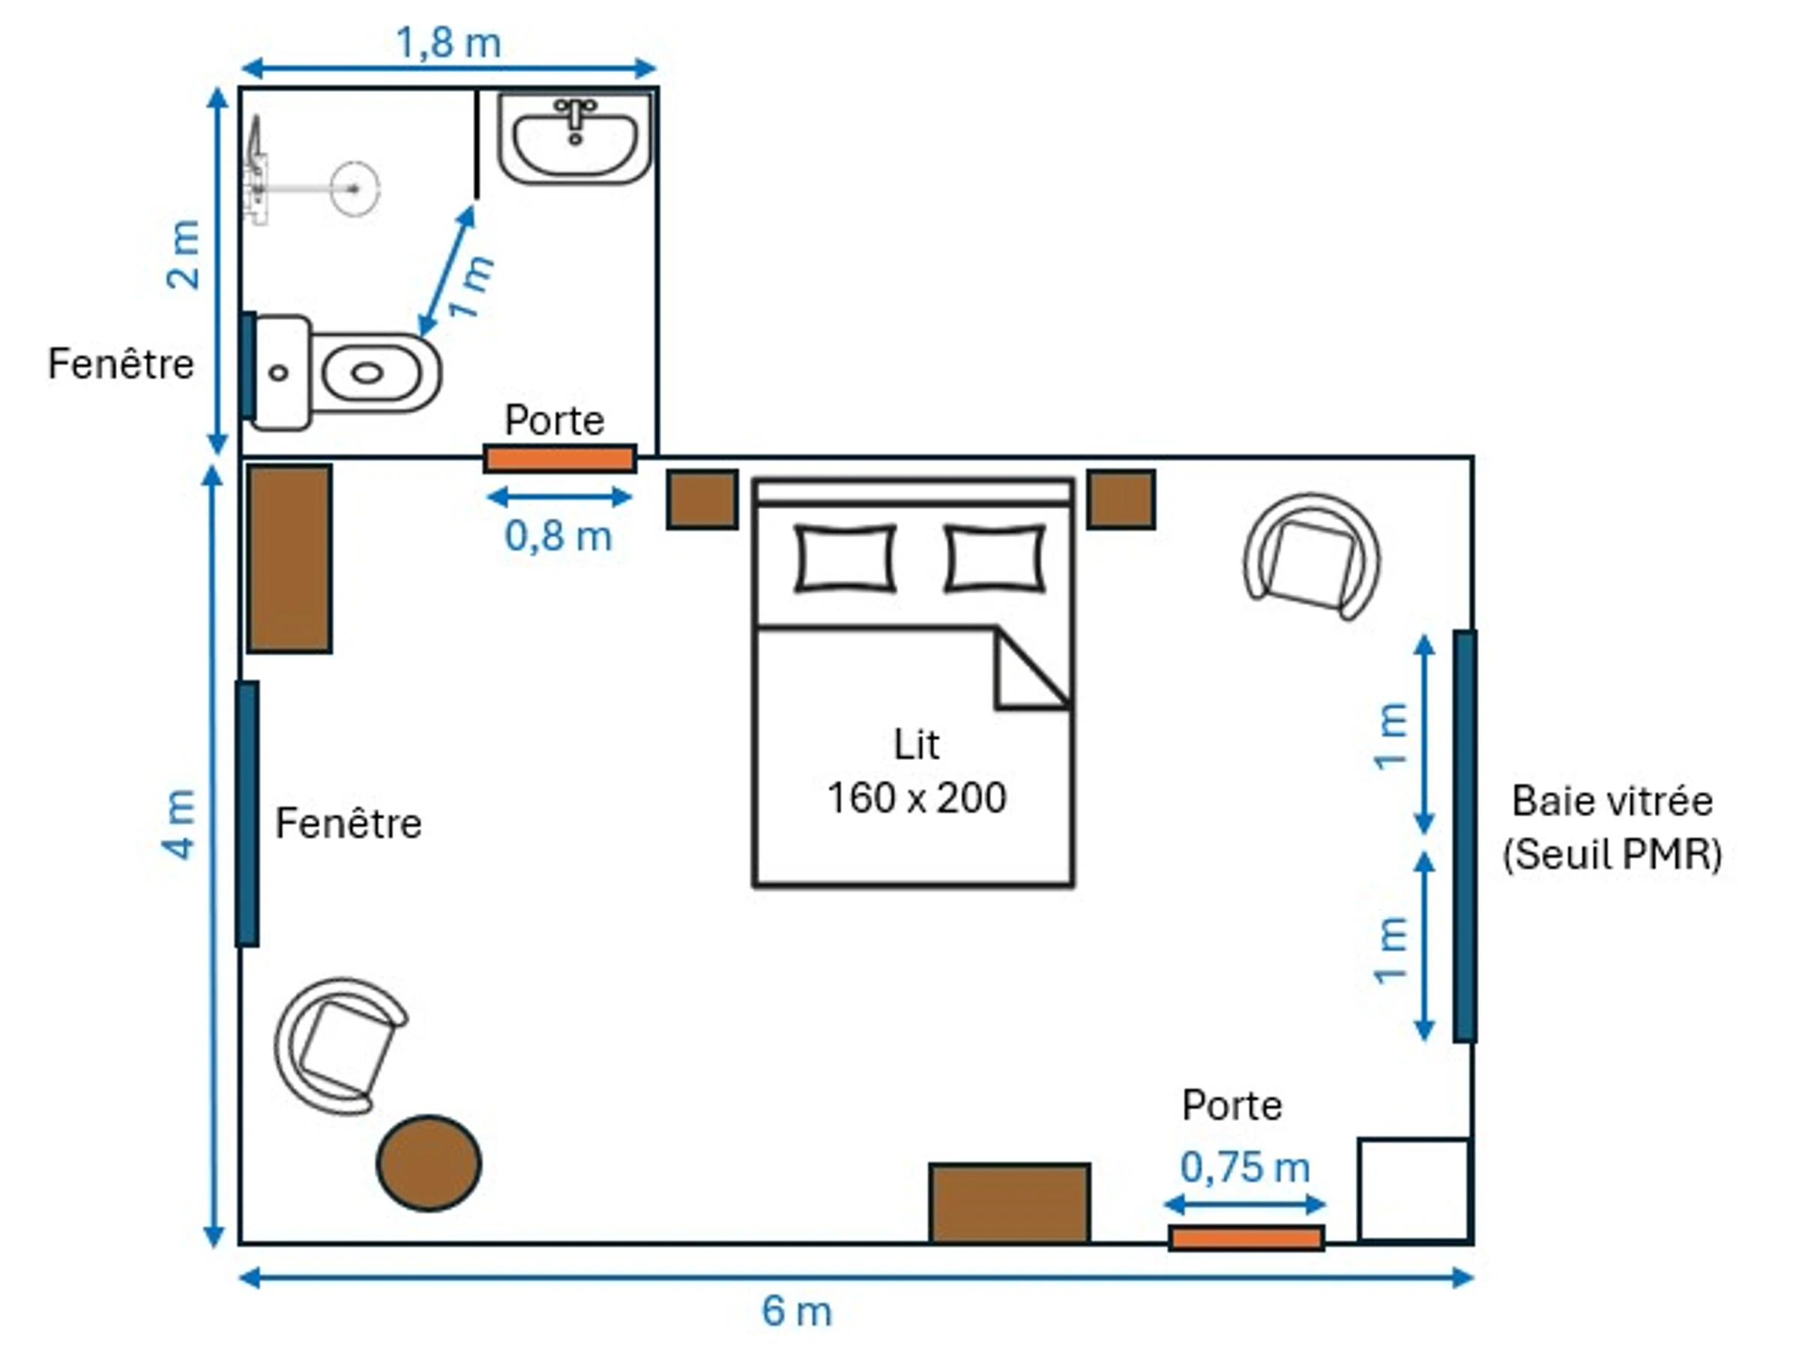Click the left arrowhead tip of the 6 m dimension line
[239, 1279]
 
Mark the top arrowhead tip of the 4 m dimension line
[212, 465]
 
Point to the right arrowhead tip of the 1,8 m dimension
[657, 68]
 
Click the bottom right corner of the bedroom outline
[1472, 1243]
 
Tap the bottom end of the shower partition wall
[477, 198]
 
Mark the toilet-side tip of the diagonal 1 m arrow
[421, 336]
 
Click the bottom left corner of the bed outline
[755, 884]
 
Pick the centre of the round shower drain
[355, 189]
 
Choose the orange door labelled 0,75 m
[1247, 1238]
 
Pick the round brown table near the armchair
[430, 1163]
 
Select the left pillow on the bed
[846, 558]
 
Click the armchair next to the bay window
[1312, 557]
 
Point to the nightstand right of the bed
[1121, 499]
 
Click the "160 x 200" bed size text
[917, 797]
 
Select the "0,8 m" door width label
[558, 536]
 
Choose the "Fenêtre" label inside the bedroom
[348, 824]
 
